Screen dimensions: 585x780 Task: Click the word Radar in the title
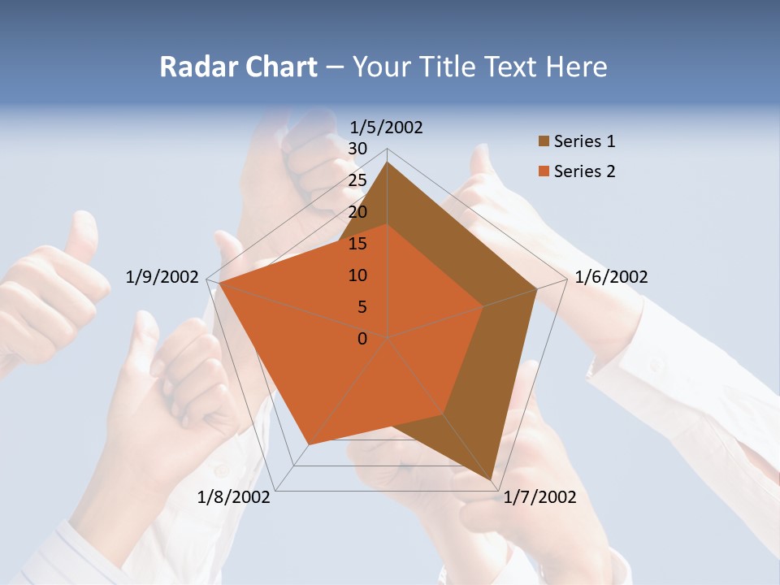pyautogui.click(x=195, y=67)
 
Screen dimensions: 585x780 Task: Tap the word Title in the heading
pyautogui.click(x=448, y=67)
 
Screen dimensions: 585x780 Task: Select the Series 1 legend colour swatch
pyautogui.click(x=544, y=142)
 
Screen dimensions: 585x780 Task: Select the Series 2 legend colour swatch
pyautogui.click(x=544, y=171)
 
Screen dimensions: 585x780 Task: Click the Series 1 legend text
pyautogui.click(x=584, y=142)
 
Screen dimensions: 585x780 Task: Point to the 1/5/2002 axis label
pyautogui.click(x=387, y=128)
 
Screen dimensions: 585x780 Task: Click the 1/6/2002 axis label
pyautogui.click(x=611, y=277)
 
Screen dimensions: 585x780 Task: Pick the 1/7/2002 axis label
pyautogui.click(x=539, y=497)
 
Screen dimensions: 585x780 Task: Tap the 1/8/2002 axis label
pyautogui.click(x=234, y=497)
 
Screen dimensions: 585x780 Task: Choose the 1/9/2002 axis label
pyautogui.click(x=162, y=277)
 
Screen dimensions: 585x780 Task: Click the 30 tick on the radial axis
pyautogui.click(x=357, y=149)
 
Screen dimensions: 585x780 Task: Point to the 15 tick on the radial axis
pyautogui.click(x=357, y=244)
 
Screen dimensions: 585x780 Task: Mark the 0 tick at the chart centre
pyautogui.click(x=362, y=339)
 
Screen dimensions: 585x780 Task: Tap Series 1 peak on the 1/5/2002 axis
pyautogui.click(x=387, y=162)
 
